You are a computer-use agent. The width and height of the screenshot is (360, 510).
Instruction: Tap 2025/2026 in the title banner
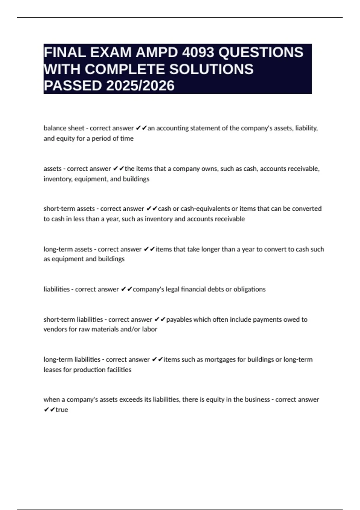point(140,85)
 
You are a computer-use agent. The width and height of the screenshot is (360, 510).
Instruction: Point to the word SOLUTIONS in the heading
point(211,69)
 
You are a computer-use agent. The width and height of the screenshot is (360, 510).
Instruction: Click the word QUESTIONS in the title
point(261,52)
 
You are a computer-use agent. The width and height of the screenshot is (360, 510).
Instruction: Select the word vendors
point(55,329)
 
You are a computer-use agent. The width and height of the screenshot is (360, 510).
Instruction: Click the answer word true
point(62,410)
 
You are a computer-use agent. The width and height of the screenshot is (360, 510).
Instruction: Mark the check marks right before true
point(49,410)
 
